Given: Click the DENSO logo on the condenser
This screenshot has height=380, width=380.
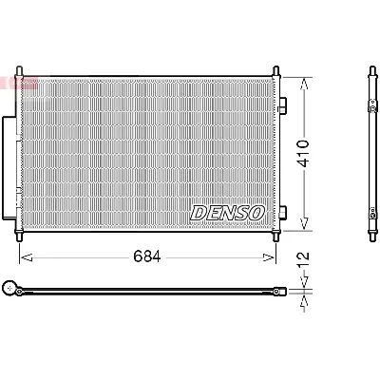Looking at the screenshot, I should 227,213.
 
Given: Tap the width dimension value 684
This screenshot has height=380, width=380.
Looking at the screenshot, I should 145,256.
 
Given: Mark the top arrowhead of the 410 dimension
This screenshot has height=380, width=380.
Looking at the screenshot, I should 305,83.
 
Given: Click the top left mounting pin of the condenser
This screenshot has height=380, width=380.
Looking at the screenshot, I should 21,72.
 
